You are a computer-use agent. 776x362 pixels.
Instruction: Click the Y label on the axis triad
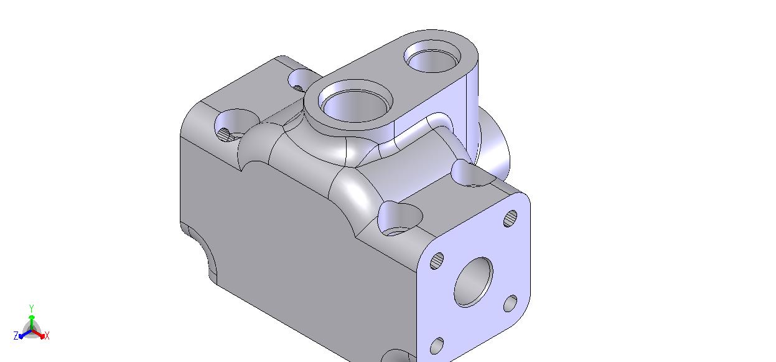pyautogui.click(x=31, y=308)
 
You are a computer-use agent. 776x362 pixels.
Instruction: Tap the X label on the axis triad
pyautogui.click(x=47, y=336)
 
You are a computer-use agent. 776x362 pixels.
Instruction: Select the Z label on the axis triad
pyautogui.click(x=16, y=336)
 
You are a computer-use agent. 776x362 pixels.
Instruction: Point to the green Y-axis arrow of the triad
pyautogui.click(x=32, y=323)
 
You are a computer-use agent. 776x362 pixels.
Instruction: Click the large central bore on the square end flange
pyautogui.click(x=474, y=282)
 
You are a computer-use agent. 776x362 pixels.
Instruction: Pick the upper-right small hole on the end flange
pyautogui.click(x=510, y=219)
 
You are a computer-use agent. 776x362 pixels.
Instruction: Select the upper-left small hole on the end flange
pyautogui.click(x=437, y=260)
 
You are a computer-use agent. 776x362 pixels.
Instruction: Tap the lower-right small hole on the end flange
pyautogui.click(x=510, y=303)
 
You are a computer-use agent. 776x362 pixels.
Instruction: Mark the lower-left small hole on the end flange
pyautogui.click(x=437, y=346)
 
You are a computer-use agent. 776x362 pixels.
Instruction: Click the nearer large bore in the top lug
pyautogui.click(x=355, y=102)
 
